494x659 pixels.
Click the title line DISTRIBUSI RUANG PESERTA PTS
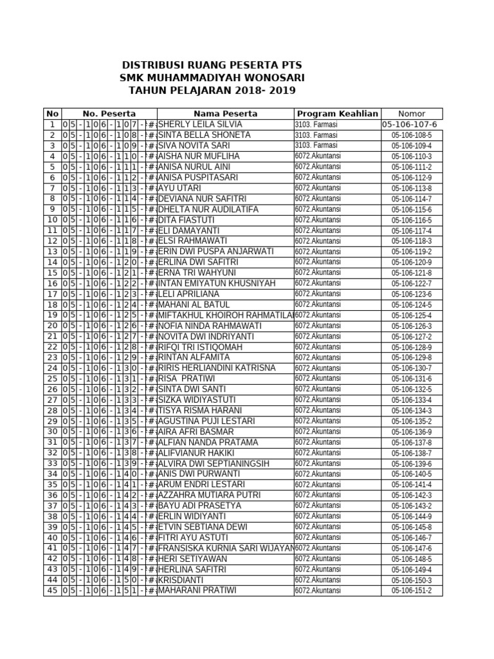point(212,66)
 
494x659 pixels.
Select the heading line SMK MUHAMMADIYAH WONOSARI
point(212,79)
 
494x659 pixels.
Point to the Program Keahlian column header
point(337,114)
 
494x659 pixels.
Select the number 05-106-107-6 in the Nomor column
point(409,125)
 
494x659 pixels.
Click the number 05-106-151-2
point(412,591)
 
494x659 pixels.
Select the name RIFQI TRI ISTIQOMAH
point(200,347)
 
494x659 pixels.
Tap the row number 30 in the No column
point(53,432)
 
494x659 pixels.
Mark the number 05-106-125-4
point(412,315)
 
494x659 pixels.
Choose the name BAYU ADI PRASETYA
point(199,506)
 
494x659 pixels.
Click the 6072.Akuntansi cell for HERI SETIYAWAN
point(318,559)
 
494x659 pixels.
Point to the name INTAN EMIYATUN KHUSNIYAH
point(216,283)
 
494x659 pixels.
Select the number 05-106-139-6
point(412,463)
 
